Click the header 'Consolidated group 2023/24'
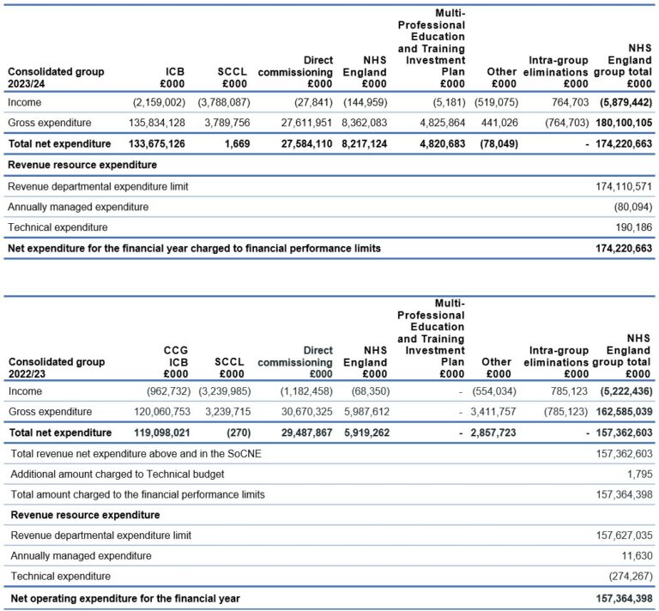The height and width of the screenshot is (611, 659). (x=56, y=77)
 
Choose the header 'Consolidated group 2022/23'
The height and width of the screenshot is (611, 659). (x=56, y=367)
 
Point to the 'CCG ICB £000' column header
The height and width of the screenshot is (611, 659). (x=175, y=361)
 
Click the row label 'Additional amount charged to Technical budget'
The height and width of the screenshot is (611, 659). (x=117, y=474)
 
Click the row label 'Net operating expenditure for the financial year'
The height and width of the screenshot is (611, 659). (x=124, y=598)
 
